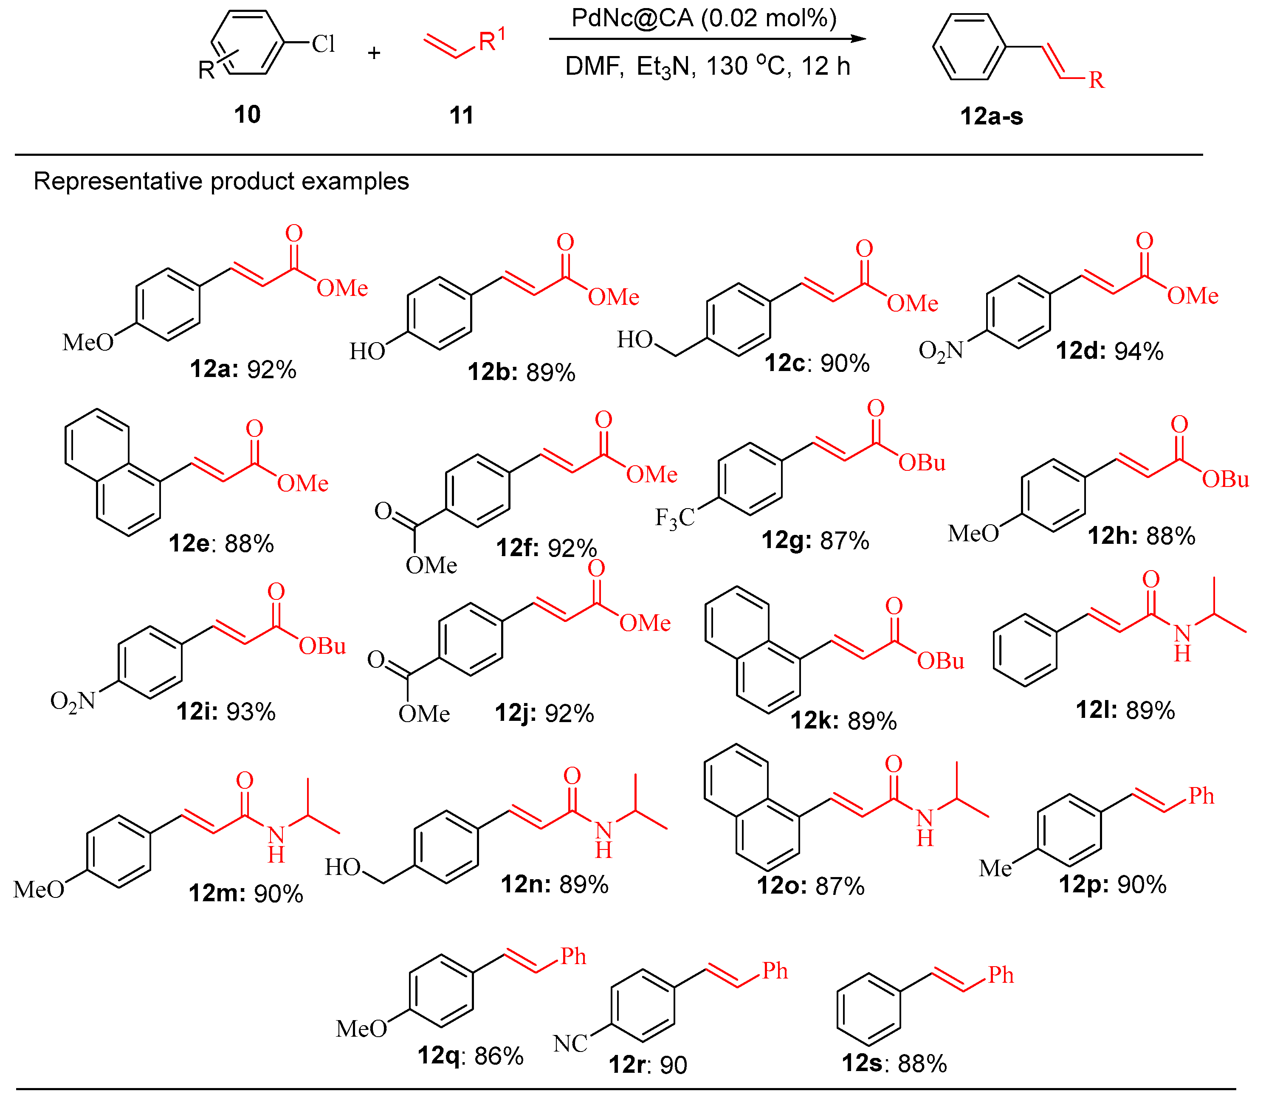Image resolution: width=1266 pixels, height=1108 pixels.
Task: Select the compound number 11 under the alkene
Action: click(461, 115)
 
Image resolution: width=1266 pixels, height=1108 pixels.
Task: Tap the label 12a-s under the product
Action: click(991, 116)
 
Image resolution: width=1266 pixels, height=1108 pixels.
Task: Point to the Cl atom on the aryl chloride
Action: click(323, 44)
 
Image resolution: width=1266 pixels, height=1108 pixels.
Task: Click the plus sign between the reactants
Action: click(374, 53)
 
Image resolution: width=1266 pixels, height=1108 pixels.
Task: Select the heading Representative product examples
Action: click(221, 181)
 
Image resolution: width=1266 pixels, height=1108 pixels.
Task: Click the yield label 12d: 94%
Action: click(1109, 351)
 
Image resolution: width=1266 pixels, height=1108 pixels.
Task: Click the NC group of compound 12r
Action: click(570, 1044)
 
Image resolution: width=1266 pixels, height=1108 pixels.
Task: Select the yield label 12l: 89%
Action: click(1125, 710)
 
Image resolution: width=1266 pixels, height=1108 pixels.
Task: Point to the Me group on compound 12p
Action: click(995, 869)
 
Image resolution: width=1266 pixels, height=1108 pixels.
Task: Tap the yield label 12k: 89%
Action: click(843, 721)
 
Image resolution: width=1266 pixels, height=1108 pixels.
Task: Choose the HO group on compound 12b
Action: click(367, 351)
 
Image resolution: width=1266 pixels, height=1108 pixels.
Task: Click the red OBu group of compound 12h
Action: click(1225, 479)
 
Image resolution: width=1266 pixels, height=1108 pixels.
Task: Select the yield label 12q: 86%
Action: click(470, 1055)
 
